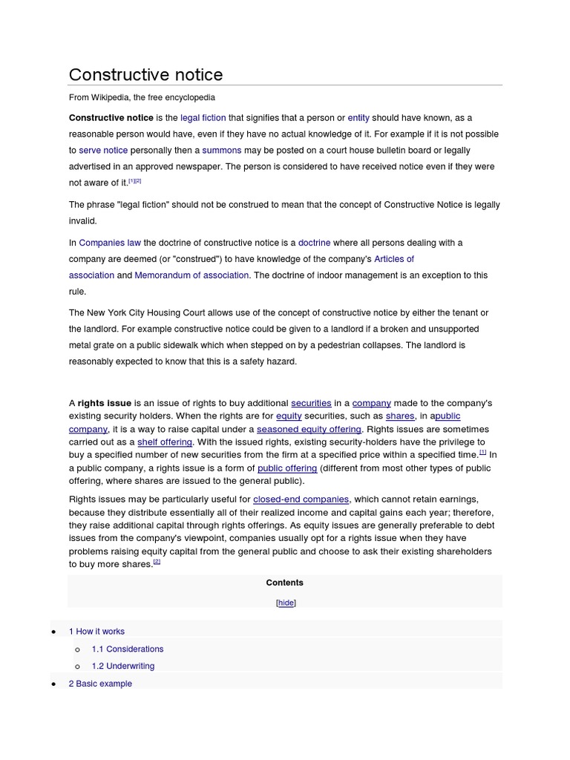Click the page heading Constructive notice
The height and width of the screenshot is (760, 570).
click(145, 75)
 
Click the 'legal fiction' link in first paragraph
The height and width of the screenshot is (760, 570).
click(203, 118)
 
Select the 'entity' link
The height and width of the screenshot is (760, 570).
click(358, 118)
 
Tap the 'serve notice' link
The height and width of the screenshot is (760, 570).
click(103, 151)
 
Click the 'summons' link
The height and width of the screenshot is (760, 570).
click(222, 151)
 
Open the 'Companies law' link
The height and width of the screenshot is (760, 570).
click(110, 243)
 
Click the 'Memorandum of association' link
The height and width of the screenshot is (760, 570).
click(191, 275)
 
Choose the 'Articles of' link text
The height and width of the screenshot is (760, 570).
click(394, 259)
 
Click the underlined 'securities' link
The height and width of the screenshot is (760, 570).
click(311, 403)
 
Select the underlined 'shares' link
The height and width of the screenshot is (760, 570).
click(400, 416)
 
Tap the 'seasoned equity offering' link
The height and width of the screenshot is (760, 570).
click(309, 429)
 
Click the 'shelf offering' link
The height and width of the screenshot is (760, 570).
click(165, 442)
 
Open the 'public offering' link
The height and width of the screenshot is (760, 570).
click(287, 468)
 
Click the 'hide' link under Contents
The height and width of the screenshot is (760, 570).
click(286, 603)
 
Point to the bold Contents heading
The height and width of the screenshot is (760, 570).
click(285, 583)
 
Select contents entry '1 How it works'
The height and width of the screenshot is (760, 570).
click(96, 632)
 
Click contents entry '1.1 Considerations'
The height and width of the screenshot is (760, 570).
click(128, 649)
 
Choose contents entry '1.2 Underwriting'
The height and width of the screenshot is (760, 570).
click(123, 666)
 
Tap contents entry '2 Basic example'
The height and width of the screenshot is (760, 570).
click(100, 684)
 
